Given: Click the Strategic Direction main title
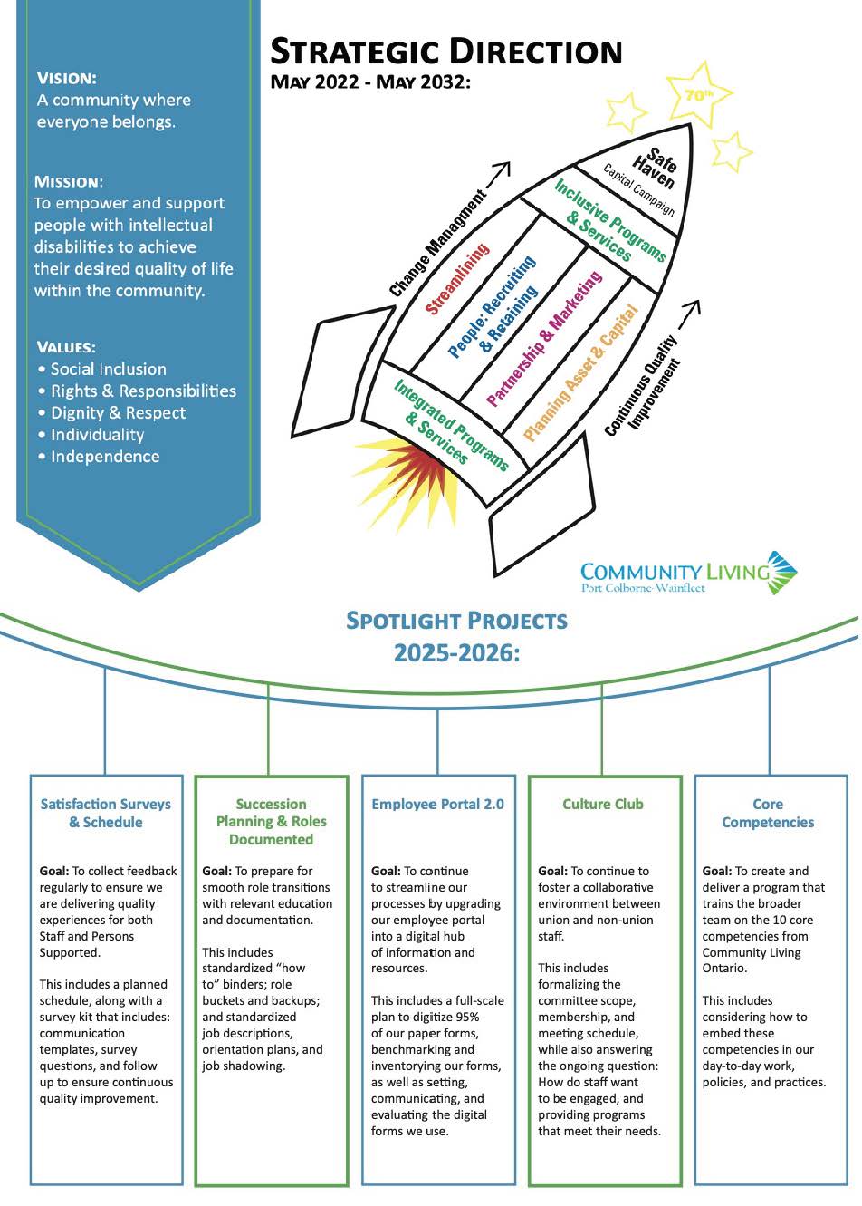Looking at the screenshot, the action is [445, 52].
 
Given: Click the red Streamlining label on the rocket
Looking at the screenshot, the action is [457, 278].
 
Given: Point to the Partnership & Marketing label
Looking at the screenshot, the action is [544, 338].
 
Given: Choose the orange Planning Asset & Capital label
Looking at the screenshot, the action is [580, 372].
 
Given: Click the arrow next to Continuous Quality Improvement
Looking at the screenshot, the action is [689, 314].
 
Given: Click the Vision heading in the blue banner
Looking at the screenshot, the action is [67, 79].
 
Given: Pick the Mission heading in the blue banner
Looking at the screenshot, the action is [69, 182].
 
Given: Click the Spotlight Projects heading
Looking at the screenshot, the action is [456, 621].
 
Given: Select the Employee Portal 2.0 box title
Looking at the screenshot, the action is [438, 804].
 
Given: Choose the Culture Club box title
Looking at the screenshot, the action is [603, 804].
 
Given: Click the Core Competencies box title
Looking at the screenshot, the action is [768, 813].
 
